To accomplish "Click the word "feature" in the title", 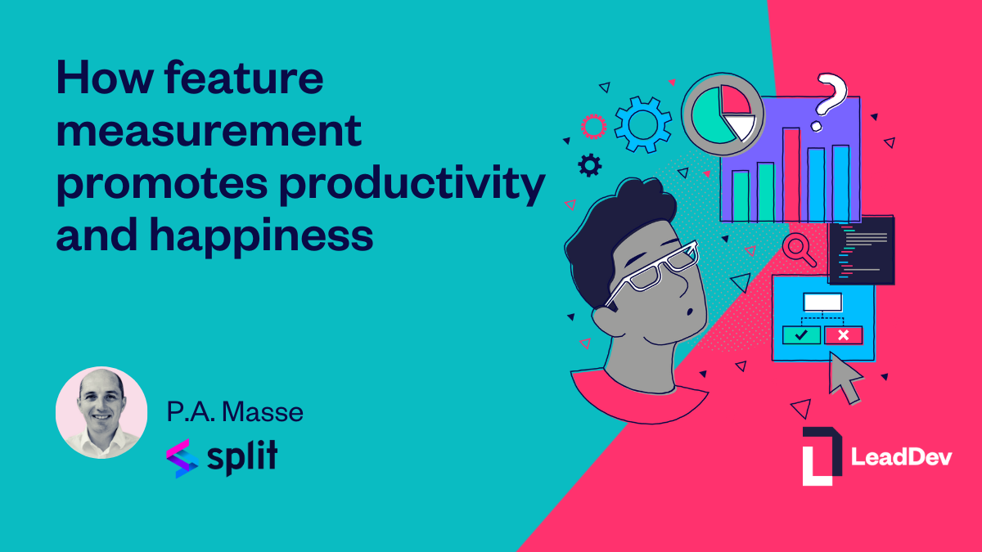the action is [244, 78].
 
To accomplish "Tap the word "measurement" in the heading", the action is [209, 131].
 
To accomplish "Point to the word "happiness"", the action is [261, 236].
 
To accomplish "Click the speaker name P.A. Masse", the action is [235, 412].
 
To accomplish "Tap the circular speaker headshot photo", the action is [101, 412].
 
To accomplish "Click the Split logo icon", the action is [182, 458].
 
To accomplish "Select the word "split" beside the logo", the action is [242, 458].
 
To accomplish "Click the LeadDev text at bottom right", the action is [901, 457].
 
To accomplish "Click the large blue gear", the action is [642, 124].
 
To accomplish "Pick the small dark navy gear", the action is [590, 165].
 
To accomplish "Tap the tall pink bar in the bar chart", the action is [791, 174].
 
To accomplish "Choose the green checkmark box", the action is [801, 335].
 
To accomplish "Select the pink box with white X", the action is [844, 335].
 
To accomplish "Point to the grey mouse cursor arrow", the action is [844, 378].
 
